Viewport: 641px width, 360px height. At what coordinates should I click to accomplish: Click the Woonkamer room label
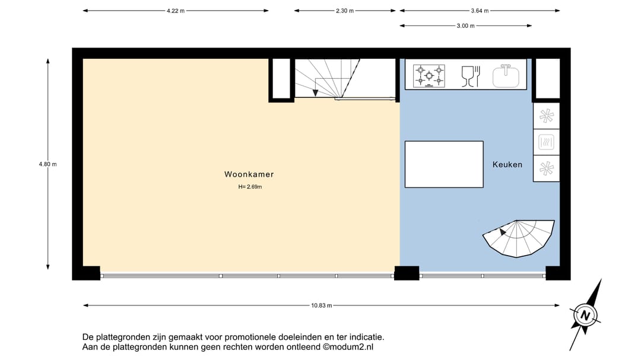click(249, 174)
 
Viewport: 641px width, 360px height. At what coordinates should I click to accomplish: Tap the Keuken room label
click(507, 164)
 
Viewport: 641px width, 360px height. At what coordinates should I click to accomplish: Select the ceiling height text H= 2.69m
click(250, 187)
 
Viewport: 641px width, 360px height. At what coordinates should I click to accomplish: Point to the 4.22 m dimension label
click(176, 11)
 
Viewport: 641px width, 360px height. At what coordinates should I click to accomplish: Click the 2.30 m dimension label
click(345, 11)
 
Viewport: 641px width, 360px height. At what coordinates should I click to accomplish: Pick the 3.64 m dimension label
click(480, 11)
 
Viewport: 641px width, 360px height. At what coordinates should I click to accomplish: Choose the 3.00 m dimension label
click(466, 26)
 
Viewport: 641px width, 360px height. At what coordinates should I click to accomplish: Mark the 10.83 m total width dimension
click(321, 305)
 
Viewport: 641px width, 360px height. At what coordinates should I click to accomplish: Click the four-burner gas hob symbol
click(429, 75)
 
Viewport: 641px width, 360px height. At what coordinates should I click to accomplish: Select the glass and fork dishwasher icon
click(470, 75)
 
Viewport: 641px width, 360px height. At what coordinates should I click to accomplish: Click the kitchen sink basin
click(505, 75)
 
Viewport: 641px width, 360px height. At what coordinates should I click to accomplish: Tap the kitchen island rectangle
click(444, 164)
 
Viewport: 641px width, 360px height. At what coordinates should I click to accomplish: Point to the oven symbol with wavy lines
click(546, 142)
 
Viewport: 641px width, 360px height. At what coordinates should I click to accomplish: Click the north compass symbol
click(586, 315)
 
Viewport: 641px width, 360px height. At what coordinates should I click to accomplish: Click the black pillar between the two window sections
click(407, 273)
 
